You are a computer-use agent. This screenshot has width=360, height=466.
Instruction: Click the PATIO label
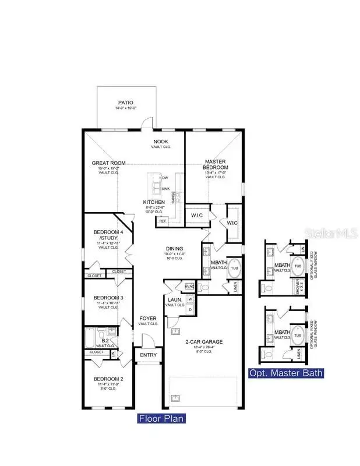(x=125, y=103)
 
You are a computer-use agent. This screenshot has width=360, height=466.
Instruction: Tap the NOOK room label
(x=161, y=142)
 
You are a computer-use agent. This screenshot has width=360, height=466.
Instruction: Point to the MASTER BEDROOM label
(x=215, y=164)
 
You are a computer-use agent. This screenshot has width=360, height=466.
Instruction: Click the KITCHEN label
(x=154, y=202)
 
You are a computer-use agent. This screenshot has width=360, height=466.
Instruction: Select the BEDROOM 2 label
(x=109, y=379)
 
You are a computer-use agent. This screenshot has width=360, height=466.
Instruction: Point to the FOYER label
(x=147, y=318)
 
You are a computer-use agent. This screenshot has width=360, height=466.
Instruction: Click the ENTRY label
(x=149, y=355)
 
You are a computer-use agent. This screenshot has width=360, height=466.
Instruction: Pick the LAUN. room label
(x=175, y=299)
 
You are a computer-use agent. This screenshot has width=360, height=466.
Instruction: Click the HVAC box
(x=189, y=287)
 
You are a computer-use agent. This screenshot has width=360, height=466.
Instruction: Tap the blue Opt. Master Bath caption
(x=286, y=373)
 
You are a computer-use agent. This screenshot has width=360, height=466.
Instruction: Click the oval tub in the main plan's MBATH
(x=234, y=270)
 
